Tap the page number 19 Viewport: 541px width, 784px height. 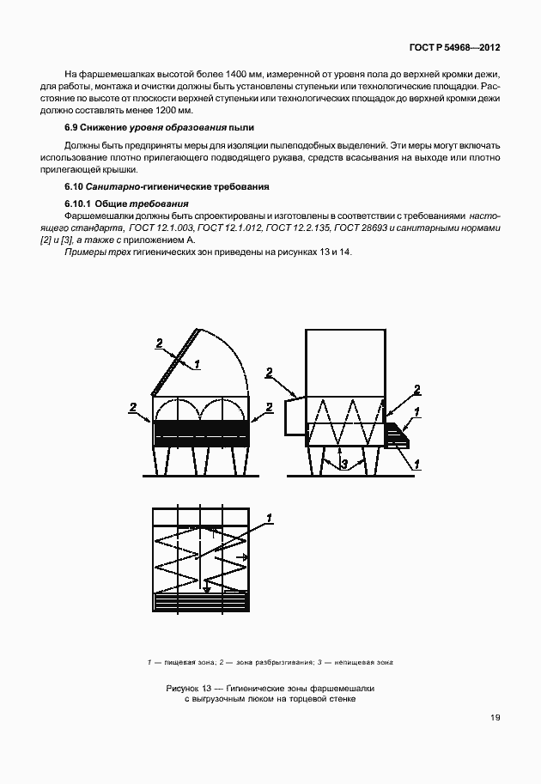click(x=495, y=718)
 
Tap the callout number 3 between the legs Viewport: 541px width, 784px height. click(x=343, y=465)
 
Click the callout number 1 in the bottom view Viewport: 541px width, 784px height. click(x=269, y=517)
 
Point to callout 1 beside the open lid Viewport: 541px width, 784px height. click(x=198, y=364)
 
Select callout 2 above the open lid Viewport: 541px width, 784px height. click(x=159, y=343)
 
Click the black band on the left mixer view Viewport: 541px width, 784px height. click(x=202, y=428)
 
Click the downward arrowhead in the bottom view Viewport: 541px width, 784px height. click(x=206, y=589)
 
